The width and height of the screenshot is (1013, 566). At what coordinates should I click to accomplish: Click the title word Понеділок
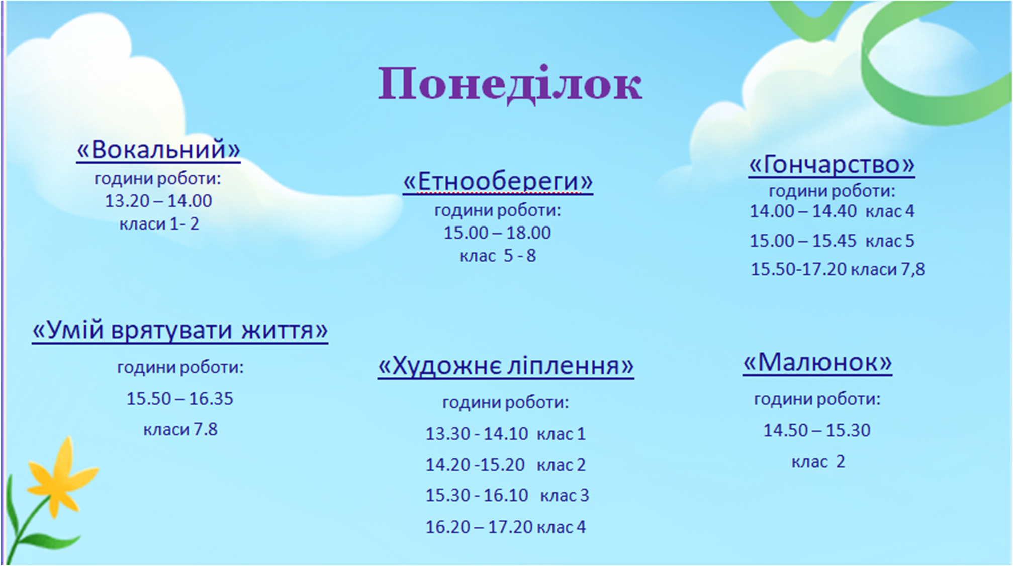[510, 84]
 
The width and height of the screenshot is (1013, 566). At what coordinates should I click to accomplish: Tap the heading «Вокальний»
[158, 150]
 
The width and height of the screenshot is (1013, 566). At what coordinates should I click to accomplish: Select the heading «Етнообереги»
[498, 181]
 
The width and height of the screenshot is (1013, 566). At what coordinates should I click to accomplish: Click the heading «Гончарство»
[832, 165]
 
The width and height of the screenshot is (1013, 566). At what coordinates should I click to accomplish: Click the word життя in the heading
[284, 331]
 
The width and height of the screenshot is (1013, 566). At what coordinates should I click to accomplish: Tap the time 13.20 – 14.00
[158, 201]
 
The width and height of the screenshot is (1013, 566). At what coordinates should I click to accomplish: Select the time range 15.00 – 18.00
[497, 233]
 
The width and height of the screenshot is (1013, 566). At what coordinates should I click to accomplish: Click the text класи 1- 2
[159, 223]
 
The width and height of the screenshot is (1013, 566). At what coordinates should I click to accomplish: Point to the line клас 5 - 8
[498, 256]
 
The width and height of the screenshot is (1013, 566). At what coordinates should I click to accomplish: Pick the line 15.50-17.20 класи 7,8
[838, 269]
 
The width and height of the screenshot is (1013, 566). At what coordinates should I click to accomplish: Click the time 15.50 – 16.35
[180, 399]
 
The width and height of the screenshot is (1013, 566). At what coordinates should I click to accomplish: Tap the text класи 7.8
[180, 430]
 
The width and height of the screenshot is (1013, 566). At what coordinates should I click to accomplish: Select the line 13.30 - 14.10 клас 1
[506, 434]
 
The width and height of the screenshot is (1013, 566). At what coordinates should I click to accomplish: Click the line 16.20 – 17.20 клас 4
[506, 527]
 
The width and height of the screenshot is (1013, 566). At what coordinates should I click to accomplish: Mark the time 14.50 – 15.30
[817, 430]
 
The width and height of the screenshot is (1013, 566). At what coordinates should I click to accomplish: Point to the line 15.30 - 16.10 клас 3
[507, 496]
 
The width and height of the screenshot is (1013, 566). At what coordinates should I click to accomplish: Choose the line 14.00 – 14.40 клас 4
[832, 211]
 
